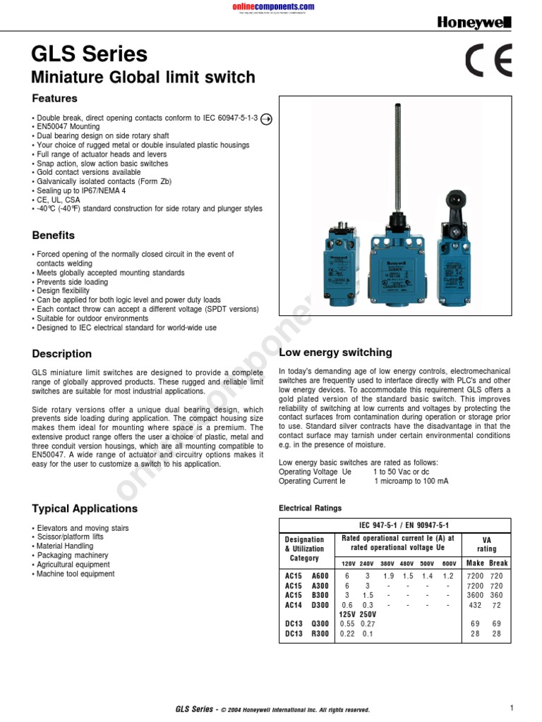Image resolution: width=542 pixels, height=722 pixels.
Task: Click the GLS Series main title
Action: (90, 54)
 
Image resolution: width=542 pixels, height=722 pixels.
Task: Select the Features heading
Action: (55, 99)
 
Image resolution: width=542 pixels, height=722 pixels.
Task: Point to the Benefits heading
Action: (54, 235)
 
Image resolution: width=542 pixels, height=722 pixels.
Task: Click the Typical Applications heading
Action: (85, 508)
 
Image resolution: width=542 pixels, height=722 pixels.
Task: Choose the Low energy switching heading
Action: (335, 353)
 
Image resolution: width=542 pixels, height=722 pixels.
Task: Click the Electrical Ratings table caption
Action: (311, 508)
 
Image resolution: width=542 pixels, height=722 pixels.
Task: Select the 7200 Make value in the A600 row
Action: (475, 577)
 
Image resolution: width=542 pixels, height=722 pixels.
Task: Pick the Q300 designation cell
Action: (320, 624)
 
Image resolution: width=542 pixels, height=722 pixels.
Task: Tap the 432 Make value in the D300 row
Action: (475, 605)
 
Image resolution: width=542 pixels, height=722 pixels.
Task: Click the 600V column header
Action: (450, 563)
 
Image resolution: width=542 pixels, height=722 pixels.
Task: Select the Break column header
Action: (498, 563)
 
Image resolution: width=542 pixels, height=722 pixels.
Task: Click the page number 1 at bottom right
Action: (510, 707)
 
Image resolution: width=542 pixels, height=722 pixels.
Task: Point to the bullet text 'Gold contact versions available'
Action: (89, 172)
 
